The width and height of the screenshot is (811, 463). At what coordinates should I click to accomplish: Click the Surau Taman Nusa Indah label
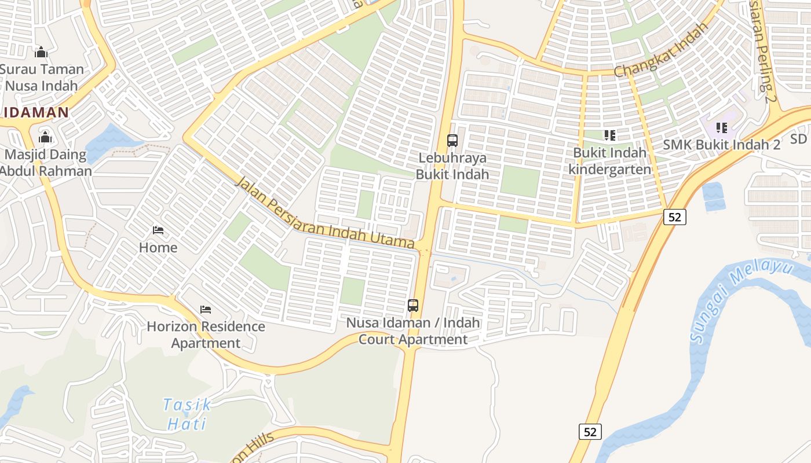[42, 78]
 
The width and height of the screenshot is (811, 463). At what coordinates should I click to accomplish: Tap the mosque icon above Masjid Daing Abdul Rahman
[45, 138]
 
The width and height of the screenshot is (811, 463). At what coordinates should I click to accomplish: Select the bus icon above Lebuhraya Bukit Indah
[452, 140]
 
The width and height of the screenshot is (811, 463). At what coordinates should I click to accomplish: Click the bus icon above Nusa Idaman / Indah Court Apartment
[413, 305]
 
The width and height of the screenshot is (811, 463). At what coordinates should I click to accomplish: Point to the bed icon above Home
[158, 230]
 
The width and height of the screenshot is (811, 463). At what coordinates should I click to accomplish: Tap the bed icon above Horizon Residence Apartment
[206, 310]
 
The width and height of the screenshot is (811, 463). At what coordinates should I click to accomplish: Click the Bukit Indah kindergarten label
[609, 161]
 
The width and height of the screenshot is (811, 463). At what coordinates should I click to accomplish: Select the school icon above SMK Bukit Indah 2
[722, 127]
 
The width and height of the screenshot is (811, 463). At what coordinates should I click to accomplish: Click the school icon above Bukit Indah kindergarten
[609, 135]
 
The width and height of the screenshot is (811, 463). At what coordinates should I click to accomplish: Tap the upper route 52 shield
[675, 217]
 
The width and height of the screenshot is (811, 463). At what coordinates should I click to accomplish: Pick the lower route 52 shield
[590, 432]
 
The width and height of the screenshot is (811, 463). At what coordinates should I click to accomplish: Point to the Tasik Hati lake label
[187, 414]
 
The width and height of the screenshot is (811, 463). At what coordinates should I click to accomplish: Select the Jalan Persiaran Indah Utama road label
[326, 214]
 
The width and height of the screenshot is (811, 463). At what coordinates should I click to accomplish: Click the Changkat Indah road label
[661, 51]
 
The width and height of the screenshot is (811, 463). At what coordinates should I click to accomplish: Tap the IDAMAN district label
[37, 112]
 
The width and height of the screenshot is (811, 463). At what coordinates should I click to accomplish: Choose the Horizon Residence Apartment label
[206, 335]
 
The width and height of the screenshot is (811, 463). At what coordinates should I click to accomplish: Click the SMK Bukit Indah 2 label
[721, 145]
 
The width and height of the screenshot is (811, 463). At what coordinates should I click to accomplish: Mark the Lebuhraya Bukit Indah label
[452, 166]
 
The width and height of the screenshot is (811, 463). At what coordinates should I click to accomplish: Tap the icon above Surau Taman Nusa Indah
[41, 53]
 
